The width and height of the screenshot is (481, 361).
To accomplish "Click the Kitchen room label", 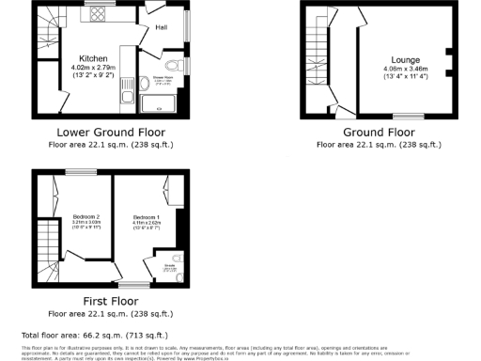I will pos(93,57).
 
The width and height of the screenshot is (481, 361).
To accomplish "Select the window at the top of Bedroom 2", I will pos(74,172).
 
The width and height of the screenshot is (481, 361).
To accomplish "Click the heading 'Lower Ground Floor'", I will pos(110,133).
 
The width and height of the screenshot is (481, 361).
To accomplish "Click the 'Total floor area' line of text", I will pos(94,335).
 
